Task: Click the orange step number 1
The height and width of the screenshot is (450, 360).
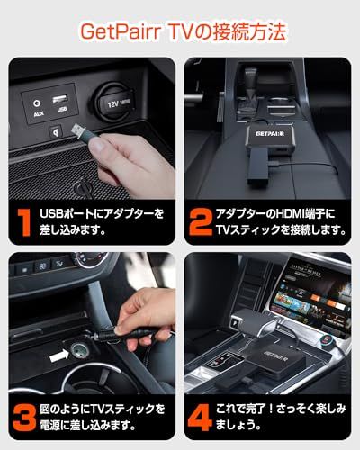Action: (x=24, y=222)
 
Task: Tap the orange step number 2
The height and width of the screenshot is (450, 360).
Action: (x=201, y=222)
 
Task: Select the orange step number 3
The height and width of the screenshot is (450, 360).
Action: (x=24, y=418)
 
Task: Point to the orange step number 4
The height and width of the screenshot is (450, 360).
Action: (x=200, y=418)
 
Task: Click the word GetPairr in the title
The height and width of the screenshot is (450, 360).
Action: (x=121, y=31)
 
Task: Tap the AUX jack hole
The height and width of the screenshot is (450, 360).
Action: (x=37, y=103)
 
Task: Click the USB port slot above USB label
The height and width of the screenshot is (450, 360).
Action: (x=60, y=99)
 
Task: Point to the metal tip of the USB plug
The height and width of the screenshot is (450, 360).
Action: (x=76, y=130)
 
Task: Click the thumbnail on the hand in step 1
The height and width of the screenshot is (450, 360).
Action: (x=96, y=145)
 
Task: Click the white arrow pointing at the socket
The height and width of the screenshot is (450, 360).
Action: (x=59, y=355)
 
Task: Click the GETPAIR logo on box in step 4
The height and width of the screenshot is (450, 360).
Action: (x=277, y=350)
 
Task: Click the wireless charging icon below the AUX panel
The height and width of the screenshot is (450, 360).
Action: (x=56, y=131)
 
